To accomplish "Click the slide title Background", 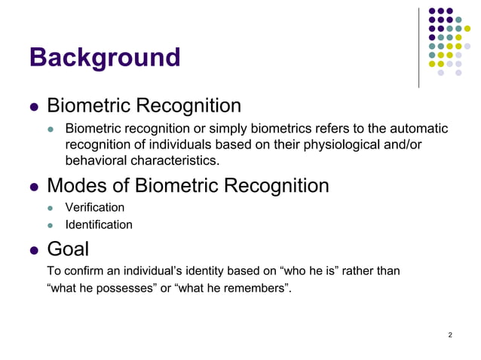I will point(104,58).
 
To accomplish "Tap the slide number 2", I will point(450,335).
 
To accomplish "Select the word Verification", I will point(94,207).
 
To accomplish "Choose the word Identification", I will point(99,224).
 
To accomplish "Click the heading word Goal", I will point(69,249).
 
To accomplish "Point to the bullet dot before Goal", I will point(33,250).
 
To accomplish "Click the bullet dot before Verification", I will point(51,208).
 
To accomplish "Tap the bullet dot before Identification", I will point(51,225).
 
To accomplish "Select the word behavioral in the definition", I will point(96,160).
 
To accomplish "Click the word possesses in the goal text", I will point(119,288).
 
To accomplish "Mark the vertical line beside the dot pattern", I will point(418,47).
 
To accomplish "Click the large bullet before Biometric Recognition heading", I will point(33,107).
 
